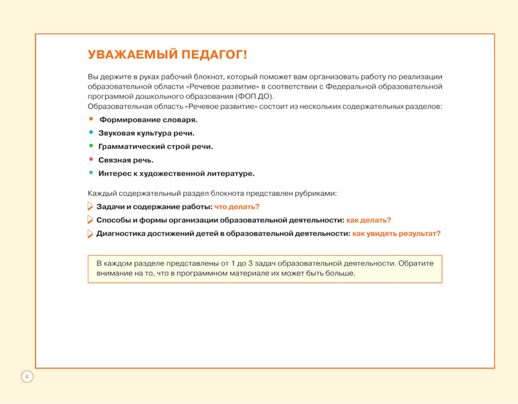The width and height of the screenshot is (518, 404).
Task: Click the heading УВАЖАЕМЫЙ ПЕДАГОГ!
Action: point(167,55)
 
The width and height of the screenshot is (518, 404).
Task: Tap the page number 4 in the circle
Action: point(27,377)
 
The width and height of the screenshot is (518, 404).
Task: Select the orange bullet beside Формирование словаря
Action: point(91,119)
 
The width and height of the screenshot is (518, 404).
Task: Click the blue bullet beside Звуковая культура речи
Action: point(91,133)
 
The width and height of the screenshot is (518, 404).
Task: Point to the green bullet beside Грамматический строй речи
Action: point(91,146)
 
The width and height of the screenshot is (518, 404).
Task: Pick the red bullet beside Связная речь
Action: point(91,160)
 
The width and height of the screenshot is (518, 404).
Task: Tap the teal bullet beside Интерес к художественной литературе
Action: point(91,173)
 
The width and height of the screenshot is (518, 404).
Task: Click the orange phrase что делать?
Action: point(237,207)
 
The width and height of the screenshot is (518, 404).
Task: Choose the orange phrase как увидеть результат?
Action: point(396,234)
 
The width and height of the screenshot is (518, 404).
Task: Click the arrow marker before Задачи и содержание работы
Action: point(90,207)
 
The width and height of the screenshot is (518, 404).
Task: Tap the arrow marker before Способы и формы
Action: point(90,220)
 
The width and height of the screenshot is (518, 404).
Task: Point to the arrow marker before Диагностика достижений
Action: point(90,234)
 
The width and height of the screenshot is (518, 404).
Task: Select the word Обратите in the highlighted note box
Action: point(417,263)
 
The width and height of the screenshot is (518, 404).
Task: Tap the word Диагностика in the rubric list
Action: point(119,234)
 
